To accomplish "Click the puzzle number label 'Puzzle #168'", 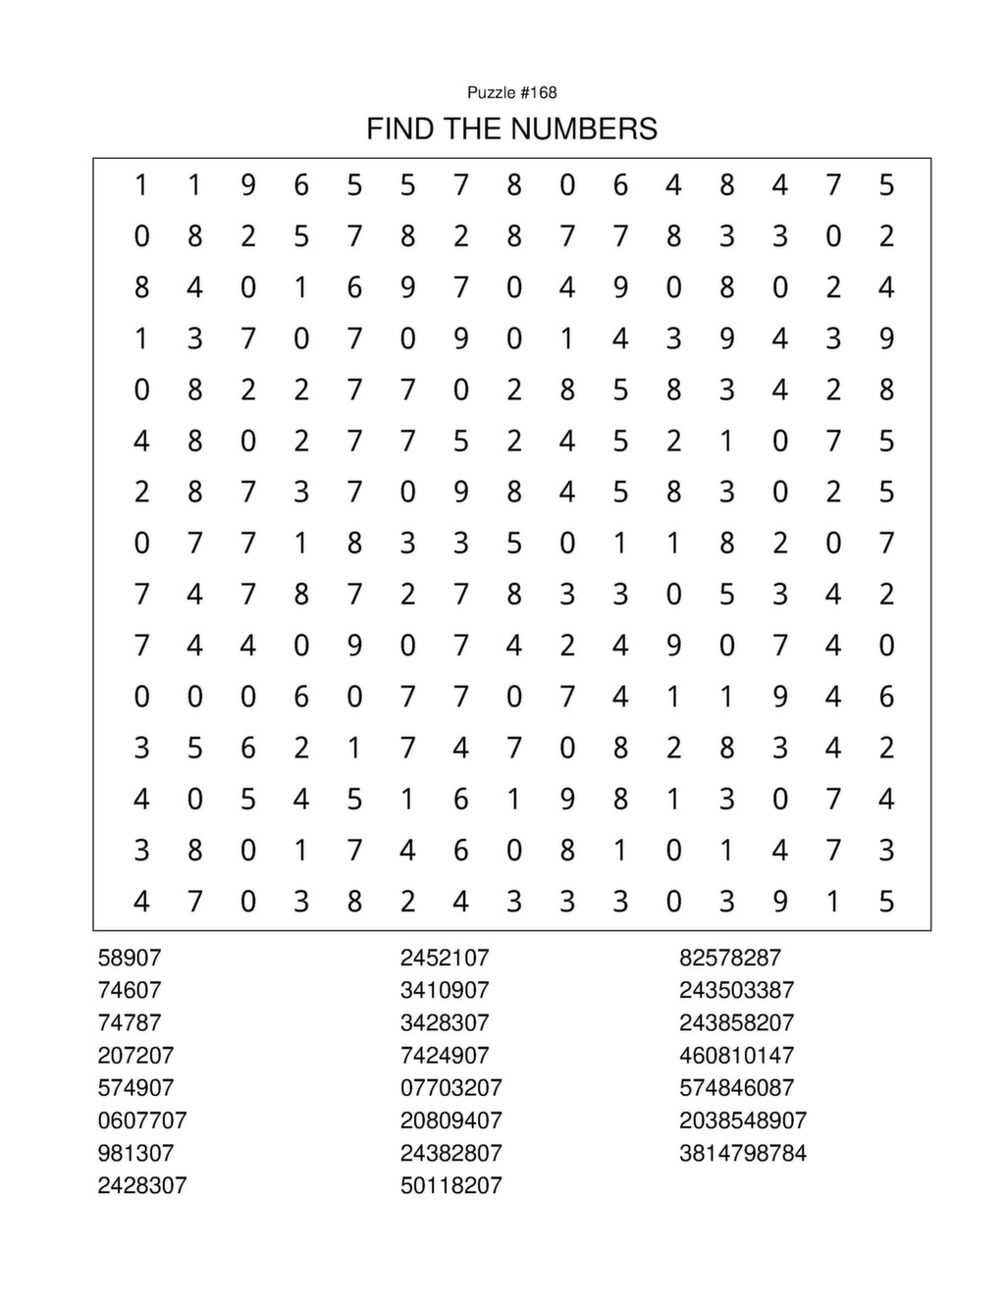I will (511, 92).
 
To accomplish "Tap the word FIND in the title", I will (397, 129).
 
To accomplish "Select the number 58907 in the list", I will (130, 958).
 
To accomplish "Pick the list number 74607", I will (130, 990).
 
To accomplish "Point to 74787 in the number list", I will (130, 1022).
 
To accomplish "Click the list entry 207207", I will (135, 1056).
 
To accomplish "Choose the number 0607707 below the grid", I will (142, 1120).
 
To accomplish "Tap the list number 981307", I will (135, 1153).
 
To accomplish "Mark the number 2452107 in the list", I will (444, 958).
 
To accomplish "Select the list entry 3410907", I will (444, 990).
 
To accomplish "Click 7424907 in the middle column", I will (444, 1056).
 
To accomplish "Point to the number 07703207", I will (450, 1088).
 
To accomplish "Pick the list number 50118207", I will (450, 1185).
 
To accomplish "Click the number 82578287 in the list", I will (730, 958).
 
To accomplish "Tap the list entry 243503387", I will (736, 990).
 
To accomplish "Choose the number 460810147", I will (736, 1056).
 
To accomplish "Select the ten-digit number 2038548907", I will (743, 1120).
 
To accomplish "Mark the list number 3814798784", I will (743, 1153).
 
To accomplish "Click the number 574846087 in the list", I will (736, 1088).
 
